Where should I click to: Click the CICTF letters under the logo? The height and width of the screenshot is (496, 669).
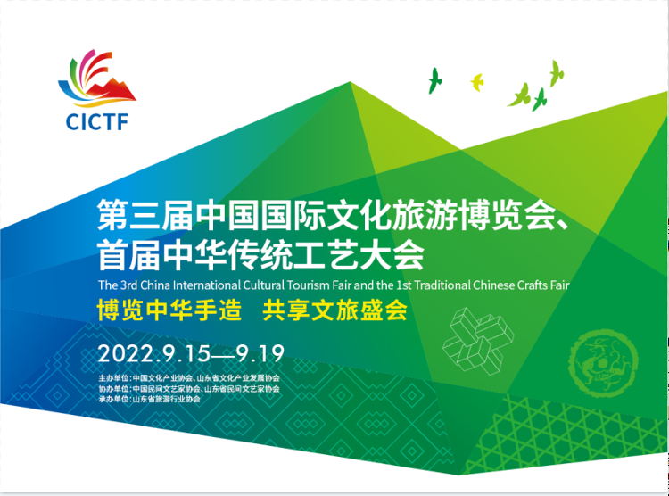point(97,121)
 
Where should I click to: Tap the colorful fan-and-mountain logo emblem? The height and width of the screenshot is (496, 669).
point(96,79)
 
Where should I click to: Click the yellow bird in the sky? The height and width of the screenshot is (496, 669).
point(477,82)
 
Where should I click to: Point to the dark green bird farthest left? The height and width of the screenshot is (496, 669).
point(434,80)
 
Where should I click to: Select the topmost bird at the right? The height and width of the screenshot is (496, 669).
point(556,73)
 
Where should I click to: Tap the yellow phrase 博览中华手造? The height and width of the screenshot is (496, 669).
point(169,310)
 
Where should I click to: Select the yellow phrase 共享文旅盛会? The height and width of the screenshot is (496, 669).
point(334,310)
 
